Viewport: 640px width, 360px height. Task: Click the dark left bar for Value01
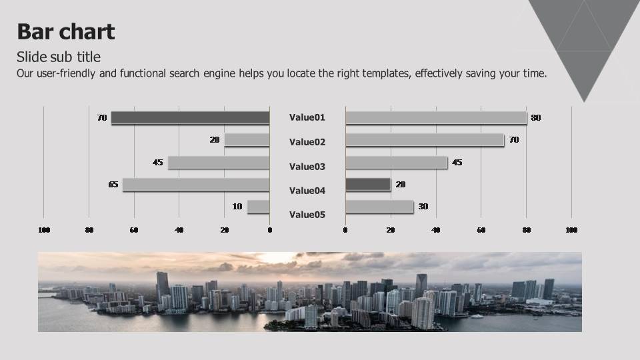pyautogui.click(x=190, y=117)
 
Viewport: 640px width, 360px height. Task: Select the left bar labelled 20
pyautogui.click(x=247, y=140)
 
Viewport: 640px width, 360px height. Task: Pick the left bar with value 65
pyautogui.click(x=196, y=185)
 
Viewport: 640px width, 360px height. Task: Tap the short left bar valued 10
pyautogui.click(x=259, y=207)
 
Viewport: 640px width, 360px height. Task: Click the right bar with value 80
pyautogui.click(x=436, y=117)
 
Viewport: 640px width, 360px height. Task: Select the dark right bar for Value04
pyautogui.click(x=368, y=185)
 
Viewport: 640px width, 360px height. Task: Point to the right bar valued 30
pyautogui.click(x=379, y=207)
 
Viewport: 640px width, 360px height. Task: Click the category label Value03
pyautogui.click(x=307, y=167)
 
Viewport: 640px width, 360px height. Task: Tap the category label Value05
pyautogui.click(x=307, y=215)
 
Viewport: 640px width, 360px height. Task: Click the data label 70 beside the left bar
pyautogui.click(x=102, y=118)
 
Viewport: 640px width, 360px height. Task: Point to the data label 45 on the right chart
pyautogui.click(x=457, y=163)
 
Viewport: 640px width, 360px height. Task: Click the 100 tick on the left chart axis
pyautogui.click(x=44, y=230)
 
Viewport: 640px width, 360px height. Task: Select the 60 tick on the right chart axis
pyautogui.click(x=481, y=230)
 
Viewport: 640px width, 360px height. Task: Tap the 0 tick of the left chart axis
pyautogui.click(x=270, y=230)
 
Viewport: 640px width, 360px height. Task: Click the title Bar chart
pyautogui.click(x=66, y=31)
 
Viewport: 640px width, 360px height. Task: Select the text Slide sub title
pyautogui.click(x=59, y=57)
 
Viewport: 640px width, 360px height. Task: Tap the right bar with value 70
pyautogui.click(x=425, y=140)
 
